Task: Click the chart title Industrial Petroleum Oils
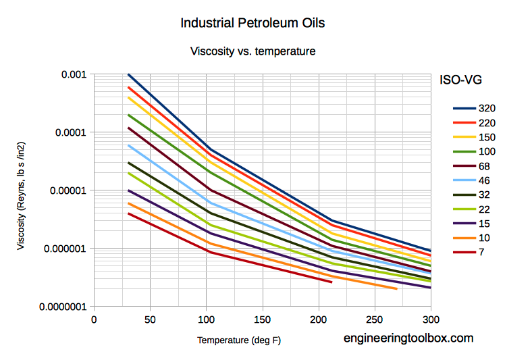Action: click(252, 23)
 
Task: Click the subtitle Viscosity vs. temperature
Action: click(252, 51)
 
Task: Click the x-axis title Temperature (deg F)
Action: click(239, 340)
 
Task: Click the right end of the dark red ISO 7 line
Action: click(331, 282)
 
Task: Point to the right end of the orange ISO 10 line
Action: click(396, 289)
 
